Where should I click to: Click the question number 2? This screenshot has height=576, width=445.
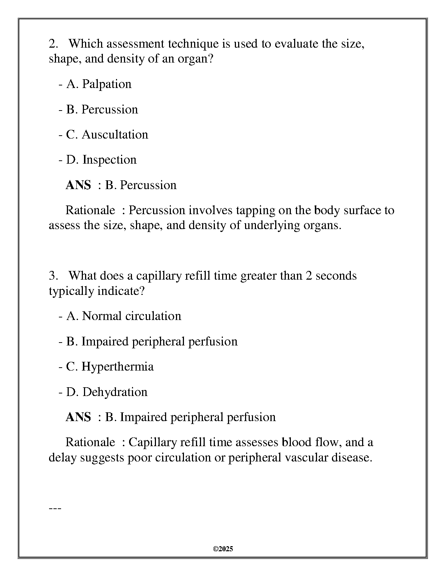coord(53,44)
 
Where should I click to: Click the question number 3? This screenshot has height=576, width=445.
coord(53,276)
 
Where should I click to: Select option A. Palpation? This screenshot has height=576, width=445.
coord(99,84)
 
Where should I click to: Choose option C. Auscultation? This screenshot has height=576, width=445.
coord(107,135)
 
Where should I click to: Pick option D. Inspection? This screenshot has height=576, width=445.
coord(101,160)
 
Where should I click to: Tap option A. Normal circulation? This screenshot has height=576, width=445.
coord(123,316)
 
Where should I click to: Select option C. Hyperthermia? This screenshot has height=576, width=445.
coord(110,366)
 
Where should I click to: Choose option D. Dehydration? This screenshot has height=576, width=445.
coord(107,392)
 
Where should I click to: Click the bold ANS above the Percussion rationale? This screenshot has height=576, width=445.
coord(78,185)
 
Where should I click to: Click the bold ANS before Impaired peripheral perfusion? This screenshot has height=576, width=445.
coord(78,417)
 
